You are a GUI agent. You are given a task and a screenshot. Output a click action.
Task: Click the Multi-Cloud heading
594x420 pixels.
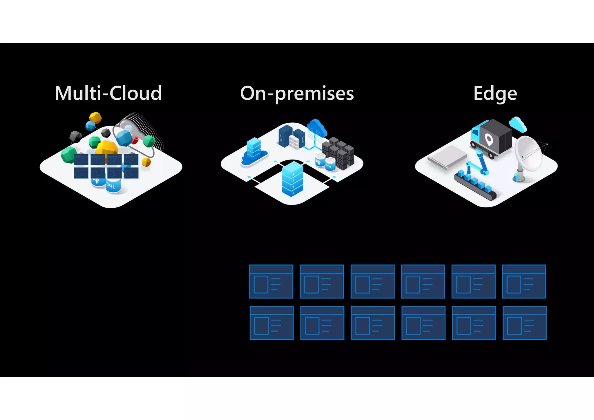(108, 93)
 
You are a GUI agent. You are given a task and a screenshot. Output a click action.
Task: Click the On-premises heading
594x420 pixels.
(297, 93)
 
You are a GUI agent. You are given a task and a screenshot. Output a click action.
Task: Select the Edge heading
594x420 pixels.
(495, 93)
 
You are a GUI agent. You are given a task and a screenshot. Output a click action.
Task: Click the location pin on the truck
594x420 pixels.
(489, 140)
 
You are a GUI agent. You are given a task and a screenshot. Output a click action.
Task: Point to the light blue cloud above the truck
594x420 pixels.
(518, 124)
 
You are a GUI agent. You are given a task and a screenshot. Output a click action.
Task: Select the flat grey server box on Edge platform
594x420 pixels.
(447, 157)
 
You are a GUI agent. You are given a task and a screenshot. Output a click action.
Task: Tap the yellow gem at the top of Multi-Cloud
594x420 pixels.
(95, 117)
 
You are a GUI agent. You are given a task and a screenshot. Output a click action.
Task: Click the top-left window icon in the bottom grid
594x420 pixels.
(271, 281)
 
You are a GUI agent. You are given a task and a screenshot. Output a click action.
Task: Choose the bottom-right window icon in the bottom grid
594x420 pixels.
(524, 323)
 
